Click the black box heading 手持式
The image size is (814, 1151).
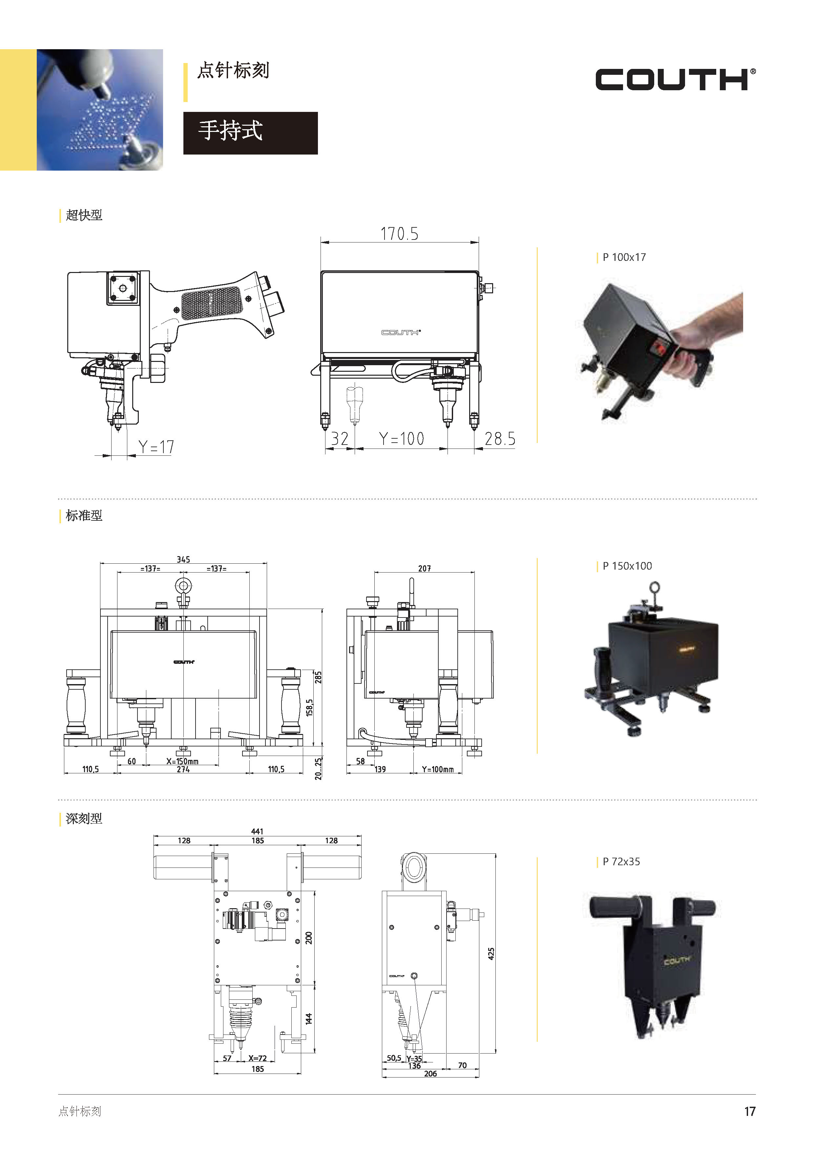250,133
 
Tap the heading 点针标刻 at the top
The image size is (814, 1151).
233,71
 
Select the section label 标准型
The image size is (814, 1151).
84,516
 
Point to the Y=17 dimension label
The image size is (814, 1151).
156,447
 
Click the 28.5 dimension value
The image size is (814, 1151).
500,439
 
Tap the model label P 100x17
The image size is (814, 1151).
624,257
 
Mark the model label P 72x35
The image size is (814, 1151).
621,862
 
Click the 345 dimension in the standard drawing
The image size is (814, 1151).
183,559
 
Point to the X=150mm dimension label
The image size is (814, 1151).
182,761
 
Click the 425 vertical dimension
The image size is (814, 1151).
491,953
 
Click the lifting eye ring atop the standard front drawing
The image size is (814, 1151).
183,587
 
